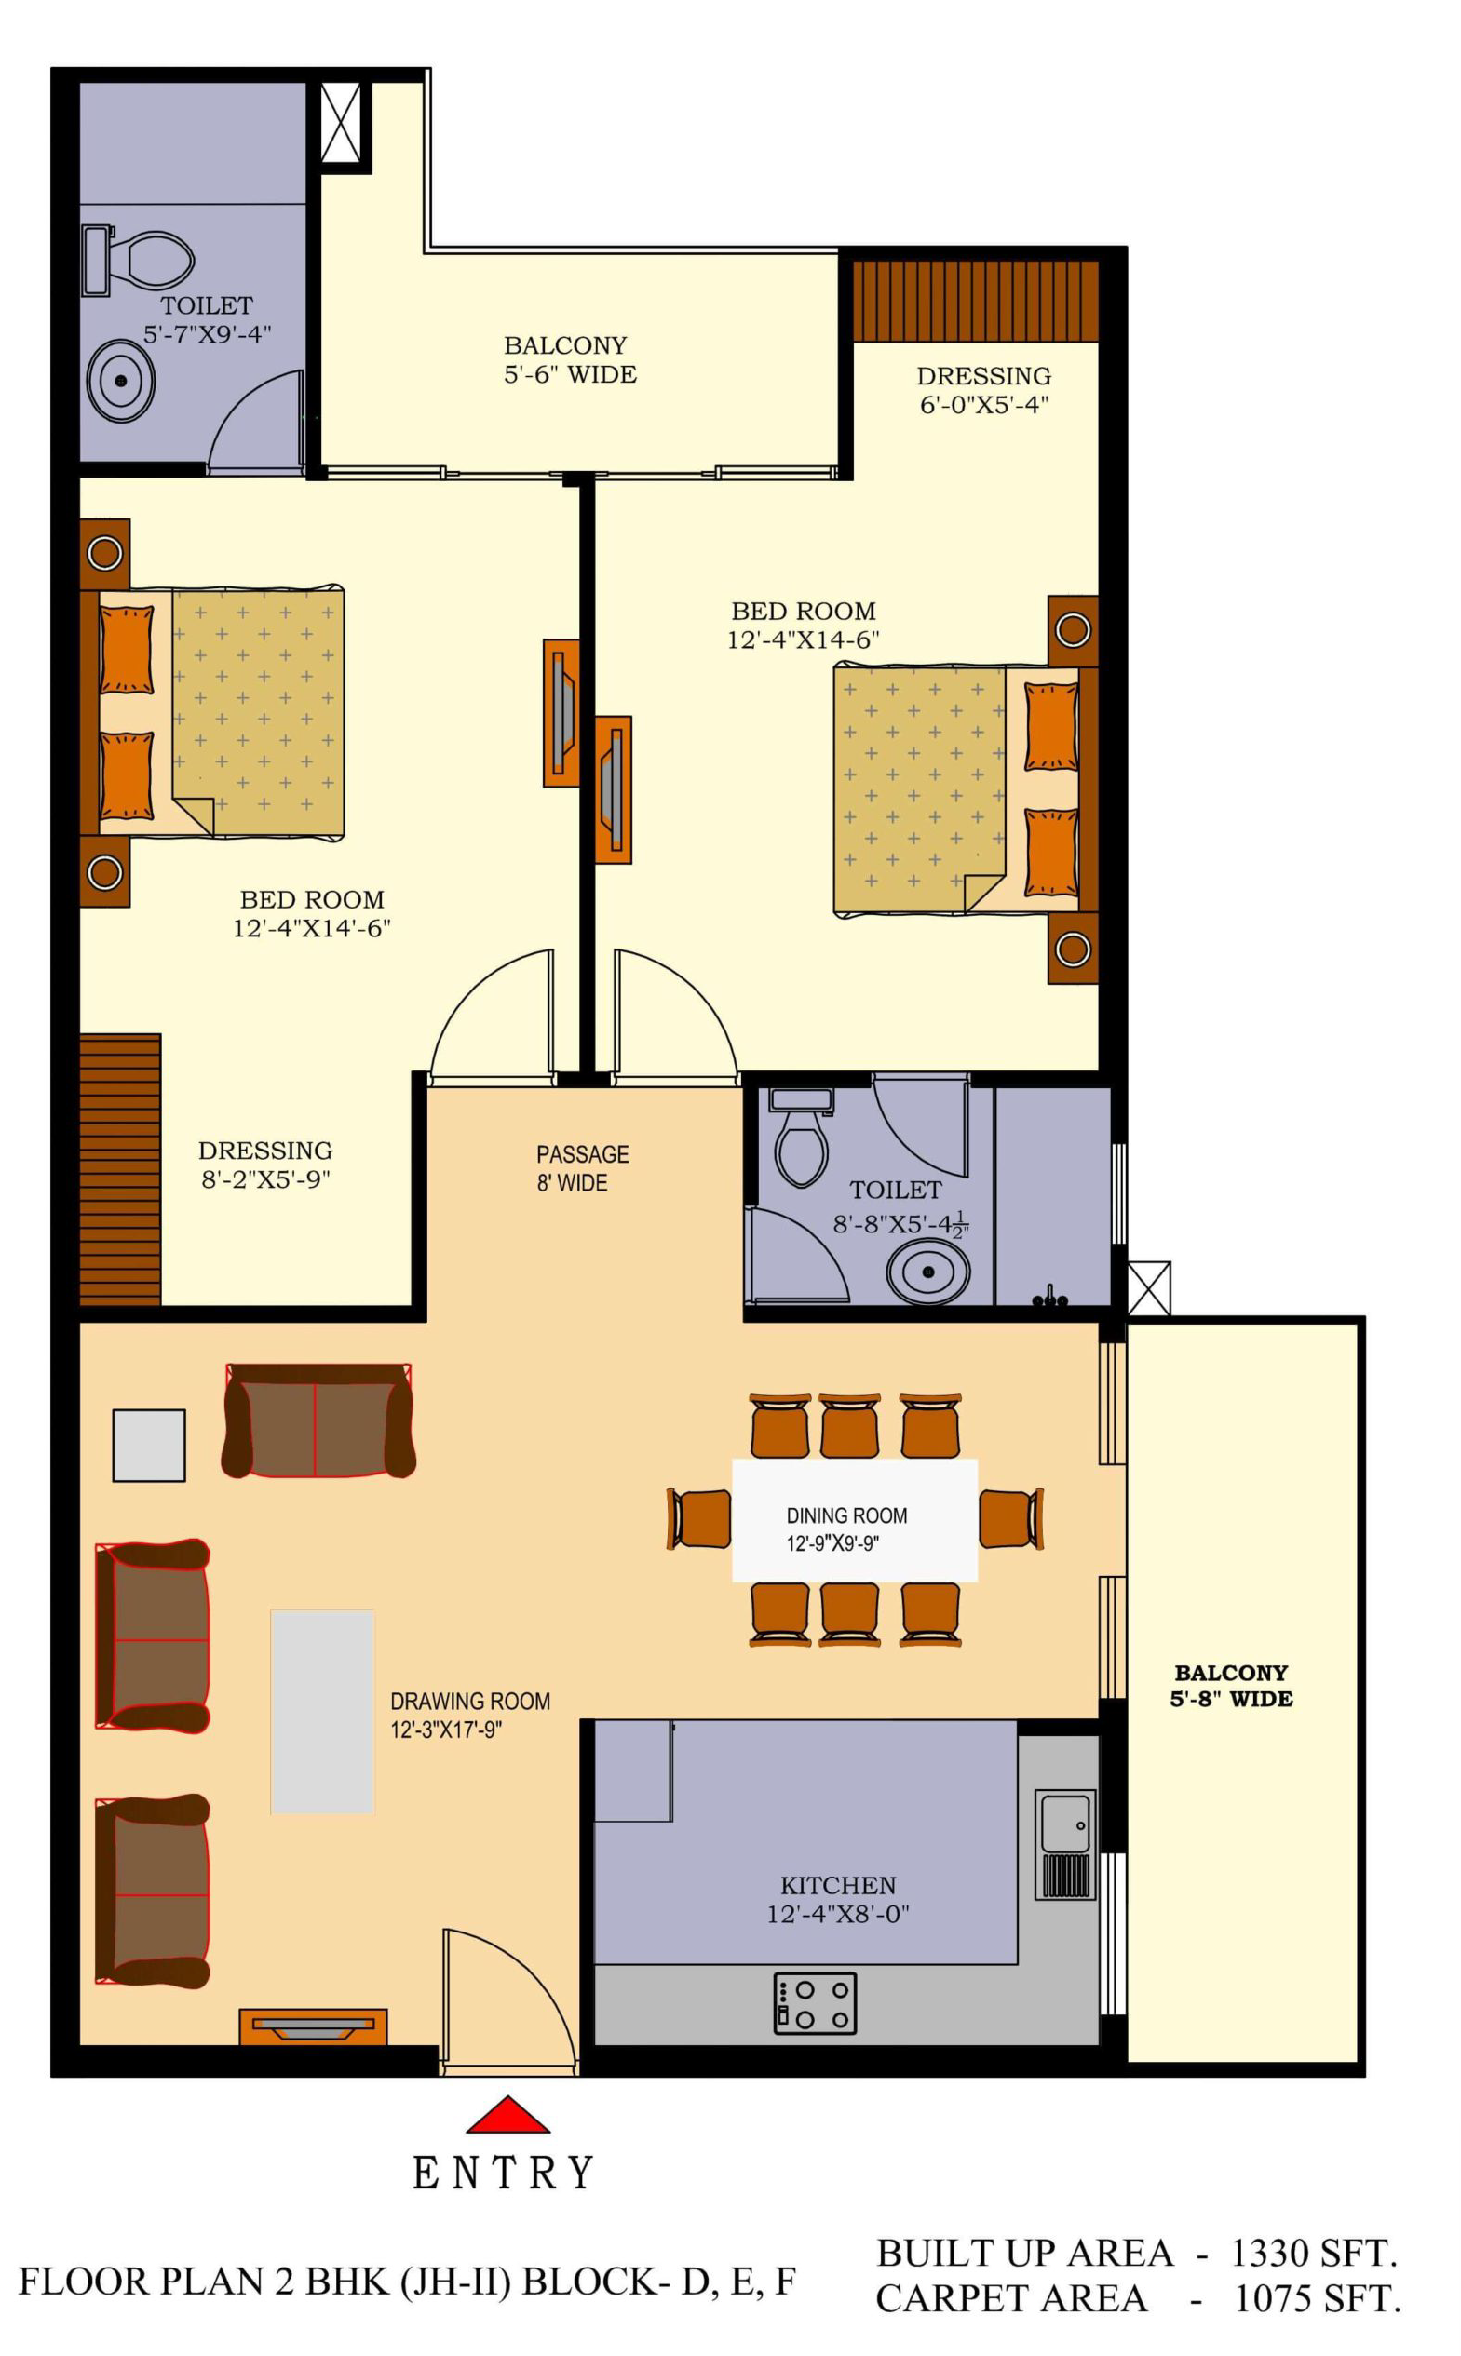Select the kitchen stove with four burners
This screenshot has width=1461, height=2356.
(815, 2004)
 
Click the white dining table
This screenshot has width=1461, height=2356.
(855, 1520)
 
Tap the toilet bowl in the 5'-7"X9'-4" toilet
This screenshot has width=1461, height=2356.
(152, 259)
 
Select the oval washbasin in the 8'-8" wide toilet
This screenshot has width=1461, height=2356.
(927, 1272)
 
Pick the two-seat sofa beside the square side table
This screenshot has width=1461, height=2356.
(318, 1420)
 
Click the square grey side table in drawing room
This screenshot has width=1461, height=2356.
(149, 1445)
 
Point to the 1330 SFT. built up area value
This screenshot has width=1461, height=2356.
(1313, 2254)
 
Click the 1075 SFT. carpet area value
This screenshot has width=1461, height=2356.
(1317, 2299)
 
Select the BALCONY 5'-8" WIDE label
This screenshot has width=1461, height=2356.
(1231, 1686)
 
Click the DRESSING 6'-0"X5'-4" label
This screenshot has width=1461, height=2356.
(983, 389)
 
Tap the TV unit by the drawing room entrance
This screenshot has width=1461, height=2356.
(313, 2026)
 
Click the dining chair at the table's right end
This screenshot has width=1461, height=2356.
(1011, 1519)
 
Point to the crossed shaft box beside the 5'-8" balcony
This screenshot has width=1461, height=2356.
(1149, 1287)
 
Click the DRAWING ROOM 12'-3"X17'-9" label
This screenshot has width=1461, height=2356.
(470, 1715)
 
